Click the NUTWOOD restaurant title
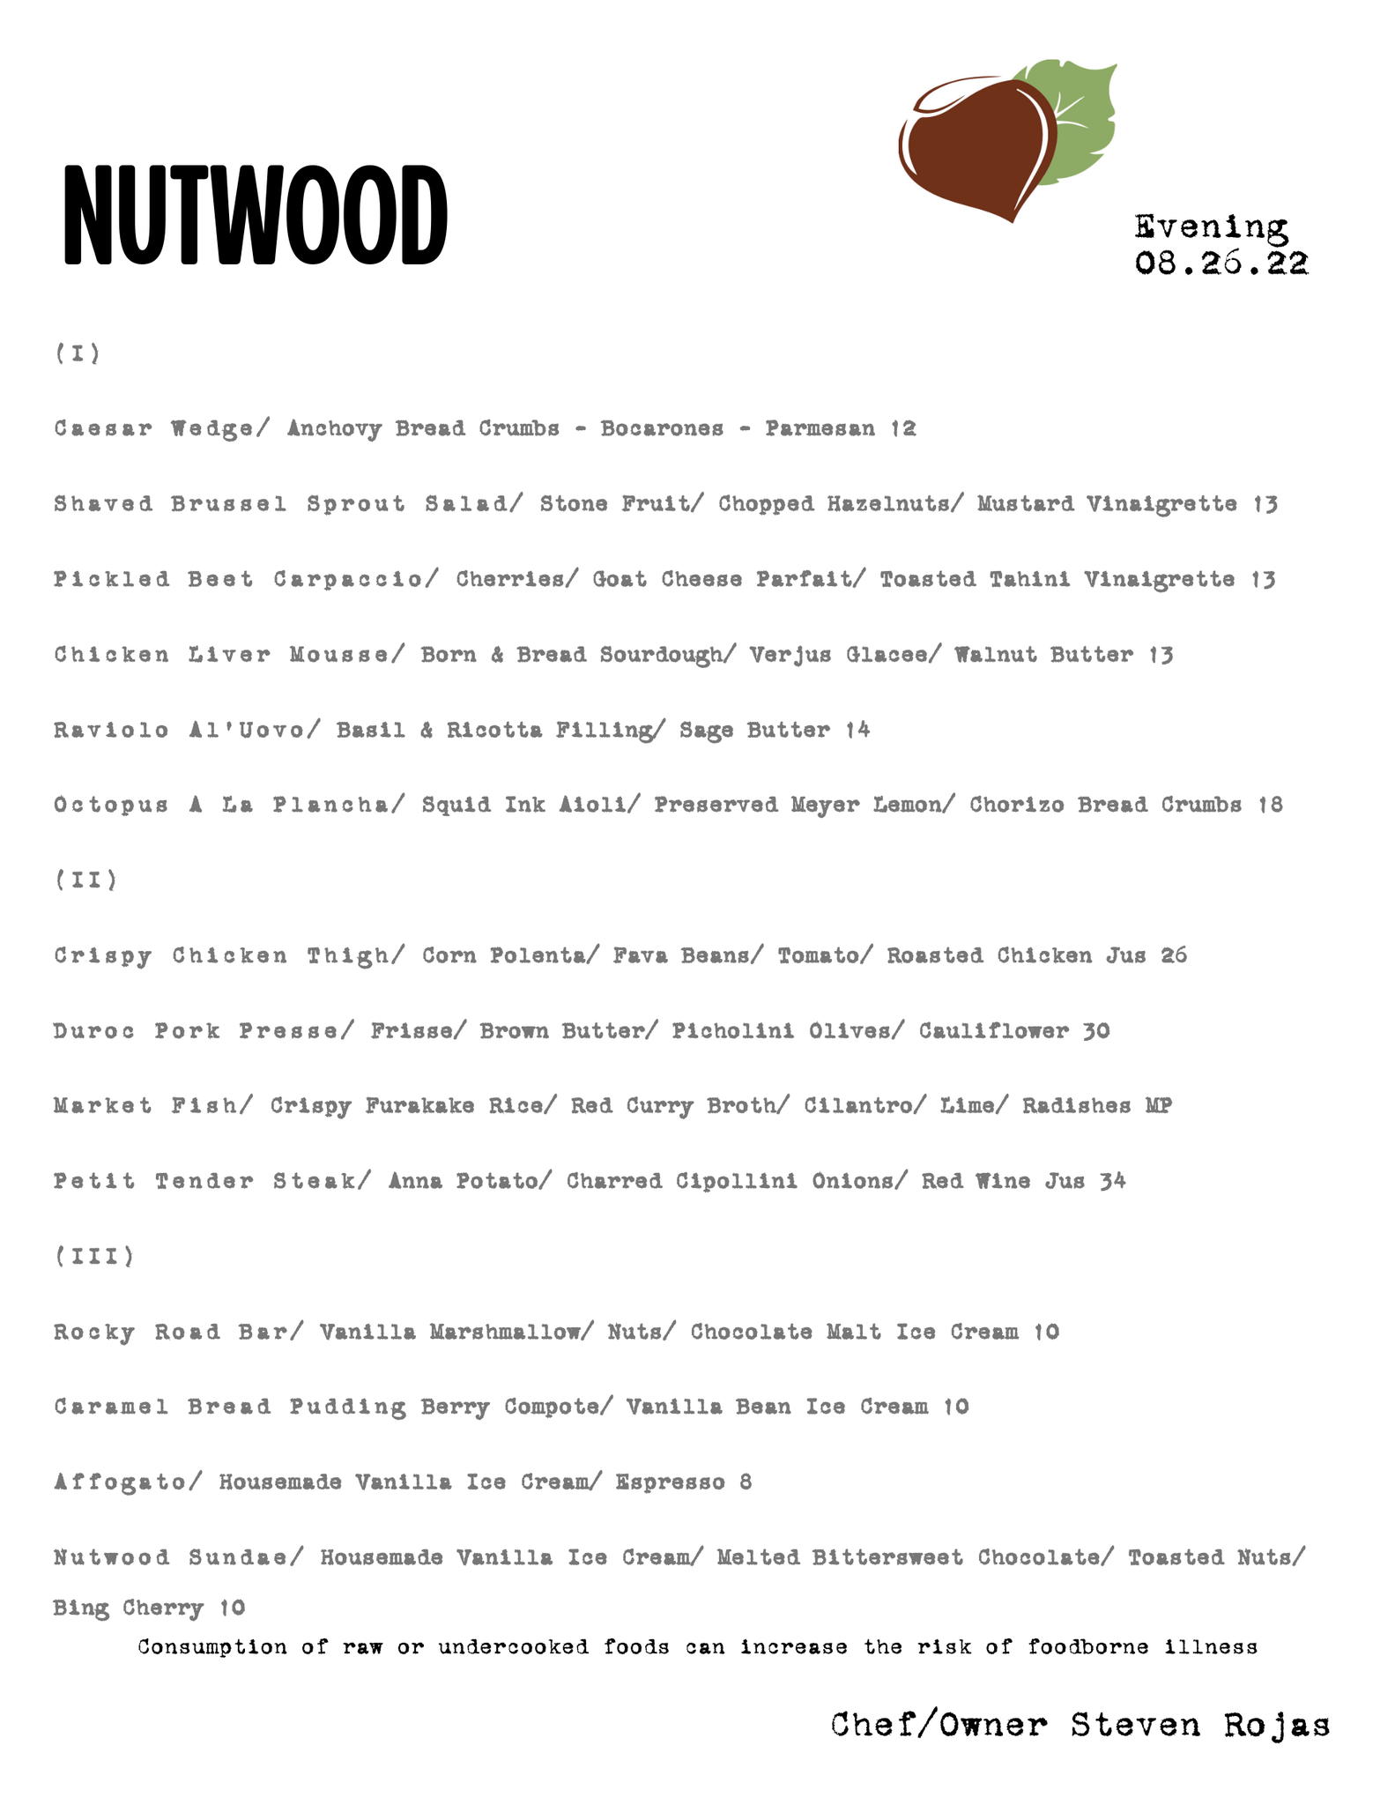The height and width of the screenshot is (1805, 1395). click(x=255, y=215)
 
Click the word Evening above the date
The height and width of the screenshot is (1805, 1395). click(x=1211, y=227)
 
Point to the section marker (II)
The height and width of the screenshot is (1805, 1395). click(x=85, y=880)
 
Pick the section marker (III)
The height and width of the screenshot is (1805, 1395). click(x=94, y=1256)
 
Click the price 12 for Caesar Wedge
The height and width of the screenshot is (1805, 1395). click(x=904, y=428)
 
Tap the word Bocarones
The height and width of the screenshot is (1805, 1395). click(x=662, y=428)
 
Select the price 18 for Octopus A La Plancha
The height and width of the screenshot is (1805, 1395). click(x=1270, y=805)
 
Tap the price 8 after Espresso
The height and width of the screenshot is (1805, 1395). click(x=746, y=1482)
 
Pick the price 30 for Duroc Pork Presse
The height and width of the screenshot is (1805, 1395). click(x=1096, y=1030)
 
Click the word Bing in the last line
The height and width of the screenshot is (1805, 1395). click(x=79, y=1608)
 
